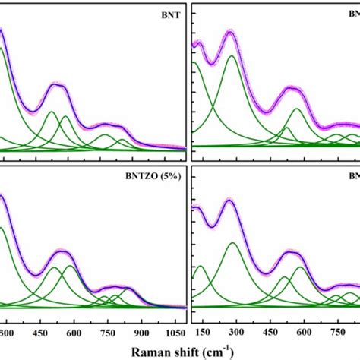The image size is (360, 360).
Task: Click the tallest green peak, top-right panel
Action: point(232,56)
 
